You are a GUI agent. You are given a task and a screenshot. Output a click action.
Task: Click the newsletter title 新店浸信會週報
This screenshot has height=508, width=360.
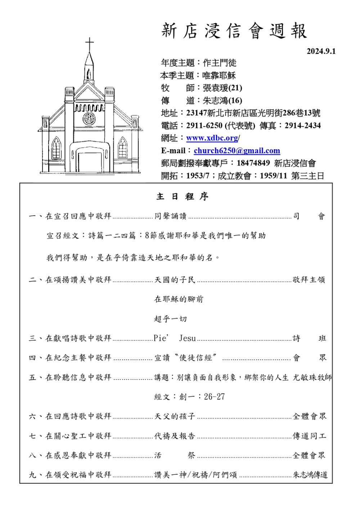(x=234, y=31)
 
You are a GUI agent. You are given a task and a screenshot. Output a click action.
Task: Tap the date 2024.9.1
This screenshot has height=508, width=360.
(x=321, y=51)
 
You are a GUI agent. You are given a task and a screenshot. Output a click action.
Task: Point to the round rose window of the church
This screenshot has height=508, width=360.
(x=89, y=118)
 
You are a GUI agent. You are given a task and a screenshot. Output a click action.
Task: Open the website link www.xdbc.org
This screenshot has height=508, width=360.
(x=212, y=138)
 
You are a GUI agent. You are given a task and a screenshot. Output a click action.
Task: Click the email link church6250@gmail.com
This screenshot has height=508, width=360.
(x=237, y=151)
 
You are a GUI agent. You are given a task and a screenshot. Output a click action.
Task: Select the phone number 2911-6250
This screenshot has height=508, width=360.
(x=204, y=126)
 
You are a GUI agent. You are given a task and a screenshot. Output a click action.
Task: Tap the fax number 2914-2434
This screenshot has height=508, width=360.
(x=302, y=126)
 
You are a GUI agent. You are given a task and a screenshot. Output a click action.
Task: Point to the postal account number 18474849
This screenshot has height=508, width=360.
(x=253, y=163)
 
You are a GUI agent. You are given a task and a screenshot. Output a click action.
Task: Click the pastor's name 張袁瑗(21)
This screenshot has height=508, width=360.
(x=222, y=88)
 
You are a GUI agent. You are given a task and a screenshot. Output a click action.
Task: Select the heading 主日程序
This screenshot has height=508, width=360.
(x=183, y=196)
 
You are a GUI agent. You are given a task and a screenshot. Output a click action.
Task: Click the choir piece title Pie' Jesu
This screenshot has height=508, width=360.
(x=175, y=338)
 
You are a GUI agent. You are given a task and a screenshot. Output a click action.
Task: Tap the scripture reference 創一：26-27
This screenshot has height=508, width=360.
(x=190, y=397)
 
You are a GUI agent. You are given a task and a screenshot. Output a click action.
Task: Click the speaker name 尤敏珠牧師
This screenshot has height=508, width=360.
(x=312, y=377)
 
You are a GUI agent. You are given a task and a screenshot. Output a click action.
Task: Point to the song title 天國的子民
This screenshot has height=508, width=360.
(x=175, y=280)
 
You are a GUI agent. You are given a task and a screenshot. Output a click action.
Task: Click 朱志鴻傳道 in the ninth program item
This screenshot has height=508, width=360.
(x=310, y=475)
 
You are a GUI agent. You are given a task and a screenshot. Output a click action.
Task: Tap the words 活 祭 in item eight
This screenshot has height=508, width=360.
(x=175, y=455)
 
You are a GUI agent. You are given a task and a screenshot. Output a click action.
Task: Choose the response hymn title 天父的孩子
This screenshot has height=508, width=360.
(x=175, y=416)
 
